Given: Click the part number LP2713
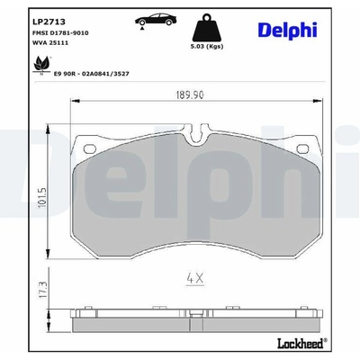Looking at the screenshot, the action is click(x=49, y=22).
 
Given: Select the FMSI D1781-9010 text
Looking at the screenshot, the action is click(x=60, y=33).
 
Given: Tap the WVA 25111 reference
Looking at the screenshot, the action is click(x=50, y=43).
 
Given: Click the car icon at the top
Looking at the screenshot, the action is click(x=156, y=21).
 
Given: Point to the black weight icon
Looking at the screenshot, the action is click(x=206, y=27).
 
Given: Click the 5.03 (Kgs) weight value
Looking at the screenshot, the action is click(x=207, y=47).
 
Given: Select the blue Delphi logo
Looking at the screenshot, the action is click(x=287, y=31).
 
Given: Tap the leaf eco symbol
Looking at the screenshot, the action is click(x=41, y=66).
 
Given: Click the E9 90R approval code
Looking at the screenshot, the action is click(x=91, y=74).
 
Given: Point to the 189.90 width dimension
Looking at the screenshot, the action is click(x=190, y=95).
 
